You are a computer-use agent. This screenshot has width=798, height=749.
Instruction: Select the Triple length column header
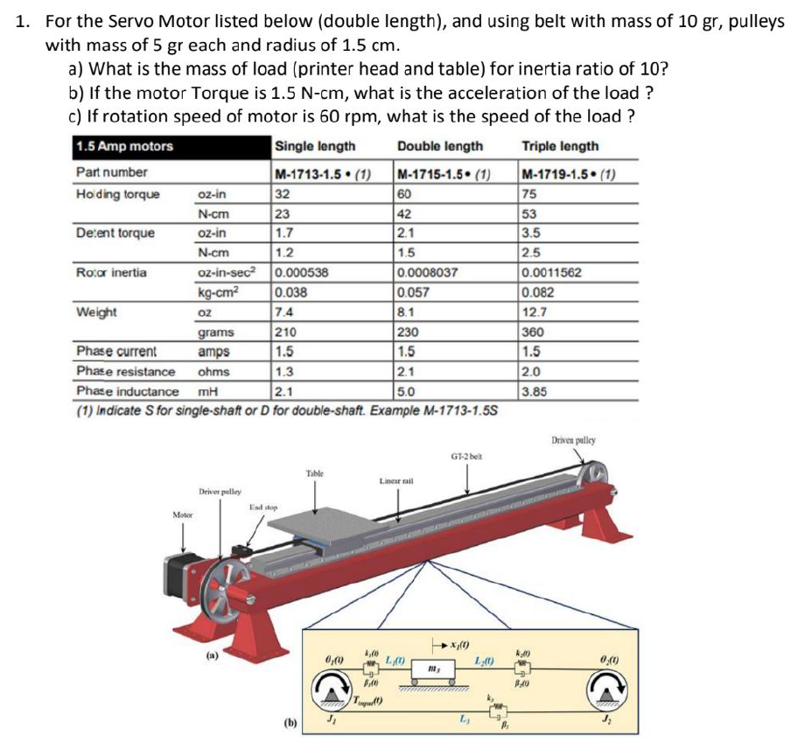(x=560, y=146)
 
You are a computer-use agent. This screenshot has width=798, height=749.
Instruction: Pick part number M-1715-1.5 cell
(x=442, y=172)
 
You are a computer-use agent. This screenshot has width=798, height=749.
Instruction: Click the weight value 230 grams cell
(x=409, y=332)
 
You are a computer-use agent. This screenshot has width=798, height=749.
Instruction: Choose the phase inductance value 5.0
(x=408, y=391)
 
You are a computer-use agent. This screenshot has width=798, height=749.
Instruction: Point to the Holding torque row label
(x=118, y=193)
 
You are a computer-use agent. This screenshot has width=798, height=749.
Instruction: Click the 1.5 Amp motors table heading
(x=125, y=146)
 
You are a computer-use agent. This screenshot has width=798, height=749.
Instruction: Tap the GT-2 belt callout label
(x=467, y=456)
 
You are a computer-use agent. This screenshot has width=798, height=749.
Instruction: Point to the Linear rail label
(x=395, y=481)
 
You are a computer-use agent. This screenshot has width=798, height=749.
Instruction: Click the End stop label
(x=263, y=507)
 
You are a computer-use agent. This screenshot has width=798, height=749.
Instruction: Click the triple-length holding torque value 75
(x=528, y=193)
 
